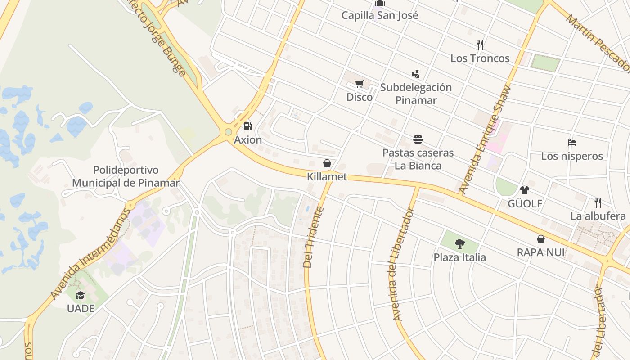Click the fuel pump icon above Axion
tap(247, 126)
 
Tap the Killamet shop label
tap(327, 177)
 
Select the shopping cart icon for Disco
tap(359, 84)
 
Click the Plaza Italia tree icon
tap(459, 244)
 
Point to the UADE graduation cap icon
tap(80, 295)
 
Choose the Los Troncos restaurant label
tap(480, 58)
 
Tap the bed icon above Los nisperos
tap(572, 143)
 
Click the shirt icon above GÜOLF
tap(525, 190)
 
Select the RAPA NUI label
tap(540, 252)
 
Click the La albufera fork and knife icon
tap(598, 202)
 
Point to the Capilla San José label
tap(380, 15)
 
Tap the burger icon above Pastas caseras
tap(418, 139)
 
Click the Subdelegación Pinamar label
tap(416, 94)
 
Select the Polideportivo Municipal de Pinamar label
tap(126, 176)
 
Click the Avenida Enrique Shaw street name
tap(486, 139)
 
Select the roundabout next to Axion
tap(229, 132)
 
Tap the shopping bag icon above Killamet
tap(327, 163)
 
